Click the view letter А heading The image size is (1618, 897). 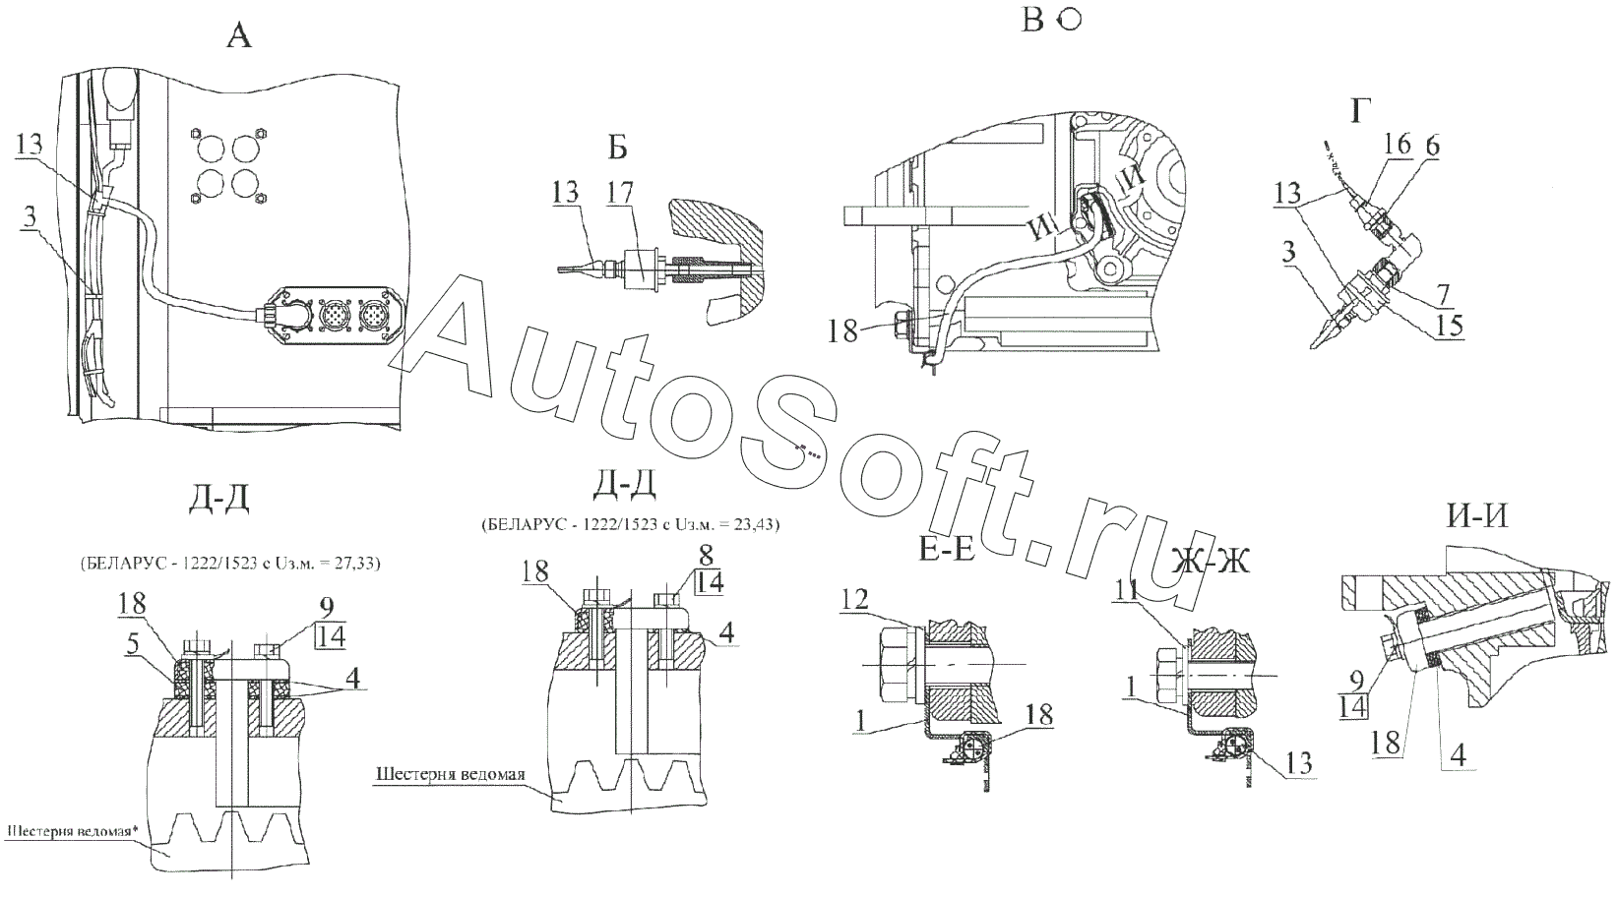pos(239,37)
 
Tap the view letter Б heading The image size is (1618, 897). pos(617,148)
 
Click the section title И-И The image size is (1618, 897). pos(1478,515)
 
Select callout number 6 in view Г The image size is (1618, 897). pos(1431,146)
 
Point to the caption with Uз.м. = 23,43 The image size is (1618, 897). pos(630,525)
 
